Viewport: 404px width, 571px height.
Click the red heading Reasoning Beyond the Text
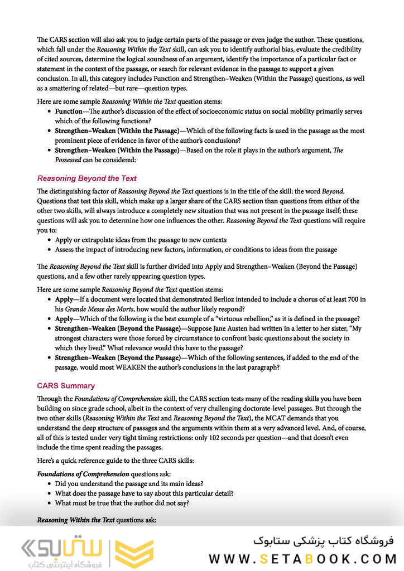86,178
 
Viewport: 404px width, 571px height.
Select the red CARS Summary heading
66,386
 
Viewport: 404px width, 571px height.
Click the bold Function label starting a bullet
69,112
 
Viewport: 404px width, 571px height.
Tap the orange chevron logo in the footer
134,553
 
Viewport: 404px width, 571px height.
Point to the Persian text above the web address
323,540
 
